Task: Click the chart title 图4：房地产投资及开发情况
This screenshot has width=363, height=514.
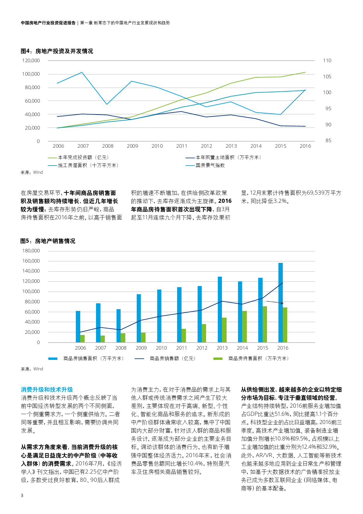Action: pos(57,51)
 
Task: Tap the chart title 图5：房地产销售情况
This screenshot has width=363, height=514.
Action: pos(48,241)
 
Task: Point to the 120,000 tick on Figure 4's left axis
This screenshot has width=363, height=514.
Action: pos(31,61)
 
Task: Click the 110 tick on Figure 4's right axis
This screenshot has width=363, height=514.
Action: pos(327,61)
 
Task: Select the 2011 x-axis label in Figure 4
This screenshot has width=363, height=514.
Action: pos(181,146)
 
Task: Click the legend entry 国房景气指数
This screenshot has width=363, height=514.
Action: pos(210,166)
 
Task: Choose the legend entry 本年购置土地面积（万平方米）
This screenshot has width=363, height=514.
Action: pos(229,158)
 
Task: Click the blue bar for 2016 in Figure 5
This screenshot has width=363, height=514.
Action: pos(280,302)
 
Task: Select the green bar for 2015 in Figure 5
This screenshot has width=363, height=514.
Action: pos(265,324)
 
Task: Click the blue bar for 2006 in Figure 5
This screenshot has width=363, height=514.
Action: pos(78,326)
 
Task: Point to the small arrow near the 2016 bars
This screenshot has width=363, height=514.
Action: pos(275,302)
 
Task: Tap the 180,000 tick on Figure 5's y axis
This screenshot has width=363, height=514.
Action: pos(31,251)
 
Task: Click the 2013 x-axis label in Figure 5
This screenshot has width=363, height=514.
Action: pos(222,348)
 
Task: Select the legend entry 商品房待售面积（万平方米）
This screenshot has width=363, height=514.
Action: pos(258,359)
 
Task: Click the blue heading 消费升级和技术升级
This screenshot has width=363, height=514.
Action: pos(47,390)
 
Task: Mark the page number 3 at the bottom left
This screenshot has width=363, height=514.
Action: pos(22,496)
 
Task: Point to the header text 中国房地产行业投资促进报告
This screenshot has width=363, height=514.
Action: pos(48,23)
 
